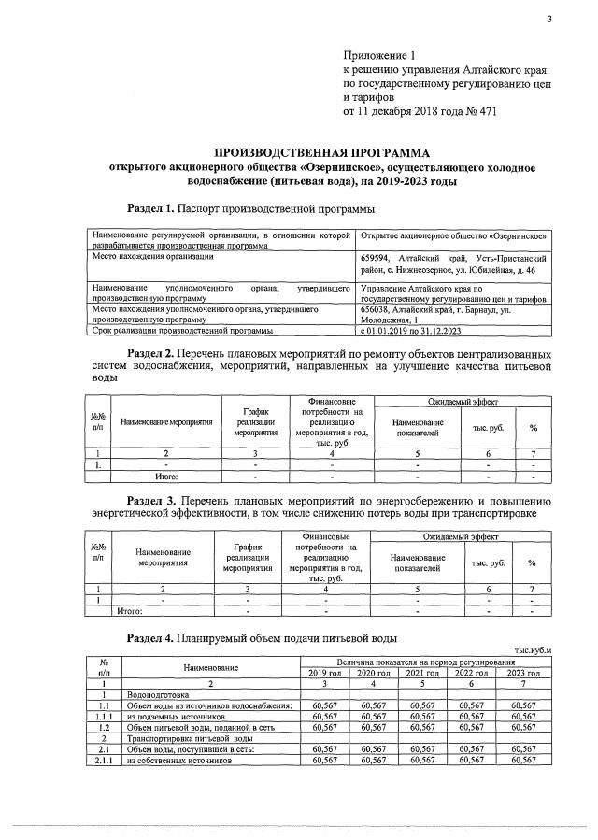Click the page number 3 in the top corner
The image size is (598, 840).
tap(549, 21)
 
